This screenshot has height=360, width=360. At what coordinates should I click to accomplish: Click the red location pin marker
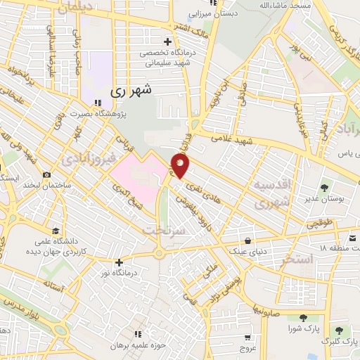[x=180, y=166]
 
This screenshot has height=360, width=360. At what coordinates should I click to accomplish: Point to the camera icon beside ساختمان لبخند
[x=47, y=174]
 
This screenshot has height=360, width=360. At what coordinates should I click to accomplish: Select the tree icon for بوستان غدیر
[x=324, y=188]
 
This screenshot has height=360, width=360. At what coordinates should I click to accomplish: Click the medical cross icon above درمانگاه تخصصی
[x=166, y=41]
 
